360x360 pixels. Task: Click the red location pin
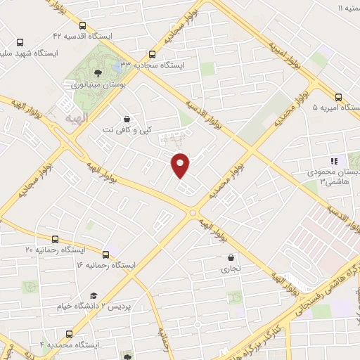(x=181, y=164)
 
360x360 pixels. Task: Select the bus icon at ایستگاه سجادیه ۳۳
(x=153, y=54)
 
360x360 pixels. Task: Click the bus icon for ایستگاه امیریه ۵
(x=339, y=98)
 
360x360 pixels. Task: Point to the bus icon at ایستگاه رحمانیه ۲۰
(x=55, y=239)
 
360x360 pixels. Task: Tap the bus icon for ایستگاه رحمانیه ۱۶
(x=106, y=255)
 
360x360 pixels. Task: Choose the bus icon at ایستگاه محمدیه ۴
(x=69, y=334)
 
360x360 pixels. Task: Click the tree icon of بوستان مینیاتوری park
(x=98, y=72)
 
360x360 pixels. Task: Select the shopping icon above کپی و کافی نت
(x=126, y=120)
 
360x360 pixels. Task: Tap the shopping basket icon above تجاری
(x=231, y=257)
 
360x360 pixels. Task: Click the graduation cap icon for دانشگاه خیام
(x=92, y=296)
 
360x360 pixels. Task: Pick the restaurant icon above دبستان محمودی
(x=335, y=160)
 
